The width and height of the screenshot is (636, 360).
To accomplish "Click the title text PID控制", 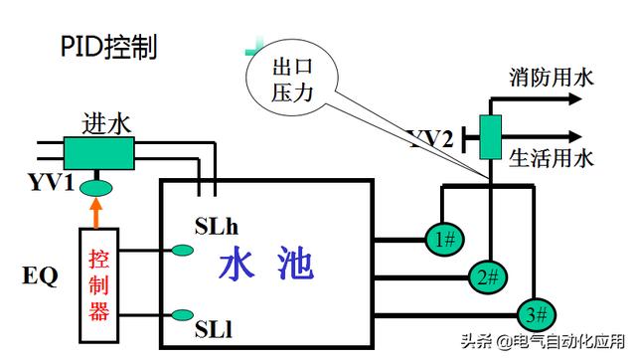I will pos(108,48).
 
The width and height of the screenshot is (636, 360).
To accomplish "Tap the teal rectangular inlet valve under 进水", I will pos(98,152).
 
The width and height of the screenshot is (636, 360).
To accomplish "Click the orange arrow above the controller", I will pos(96,211).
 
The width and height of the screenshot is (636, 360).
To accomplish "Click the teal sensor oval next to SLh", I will pos(182,250).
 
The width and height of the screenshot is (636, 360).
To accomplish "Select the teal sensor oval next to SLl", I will pos(182,316).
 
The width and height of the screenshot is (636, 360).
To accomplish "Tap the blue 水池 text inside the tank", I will pos(266,266).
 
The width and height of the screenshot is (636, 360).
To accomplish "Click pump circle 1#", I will pos(444,239).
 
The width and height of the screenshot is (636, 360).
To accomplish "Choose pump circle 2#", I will pos(486,276).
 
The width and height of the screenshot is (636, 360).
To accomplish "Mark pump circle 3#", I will pos(538,314).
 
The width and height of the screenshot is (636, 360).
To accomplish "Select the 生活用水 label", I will pos(551,157).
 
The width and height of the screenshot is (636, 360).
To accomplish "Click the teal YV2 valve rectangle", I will pos(490,136).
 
